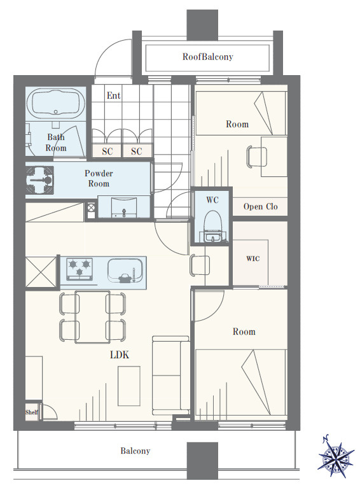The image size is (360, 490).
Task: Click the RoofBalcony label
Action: (207, 57)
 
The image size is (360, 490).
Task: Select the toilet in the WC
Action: (212, 227)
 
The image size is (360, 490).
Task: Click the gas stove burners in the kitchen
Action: (80, 269)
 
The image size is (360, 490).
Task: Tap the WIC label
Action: (253, 259)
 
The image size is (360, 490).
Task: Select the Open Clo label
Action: (260, 207)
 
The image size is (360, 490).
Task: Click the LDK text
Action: (120, 354)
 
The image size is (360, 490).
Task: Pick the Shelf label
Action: (32, 412)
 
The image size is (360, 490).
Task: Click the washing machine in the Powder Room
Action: (39, 181)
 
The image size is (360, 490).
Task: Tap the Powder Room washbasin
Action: (124, 207)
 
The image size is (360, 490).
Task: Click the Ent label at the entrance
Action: (113, 95)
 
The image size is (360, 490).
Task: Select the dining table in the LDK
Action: (92, 317)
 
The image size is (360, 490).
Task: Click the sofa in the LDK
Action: (171, 375)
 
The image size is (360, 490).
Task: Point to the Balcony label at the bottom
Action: (135, 451)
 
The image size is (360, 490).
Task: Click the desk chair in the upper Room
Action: (257, 157)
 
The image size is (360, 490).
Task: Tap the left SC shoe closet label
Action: (107, 151)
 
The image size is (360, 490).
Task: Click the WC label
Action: (212, 200)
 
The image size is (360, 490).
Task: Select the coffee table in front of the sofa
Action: (129, 386)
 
